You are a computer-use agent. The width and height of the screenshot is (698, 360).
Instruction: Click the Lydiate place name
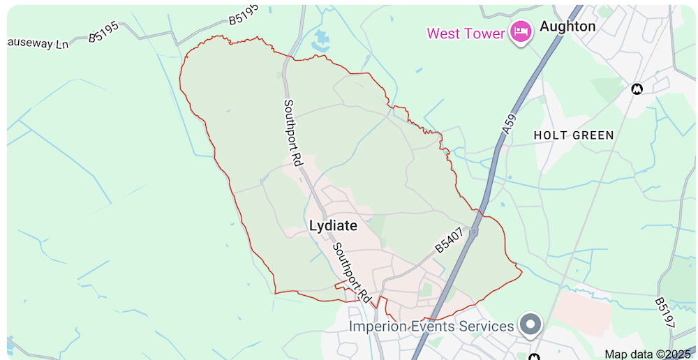click(x=333, y=226)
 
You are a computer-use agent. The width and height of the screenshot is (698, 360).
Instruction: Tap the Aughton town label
click(x=567, y=27)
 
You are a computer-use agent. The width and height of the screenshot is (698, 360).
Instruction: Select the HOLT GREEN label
click(x=573, y=135)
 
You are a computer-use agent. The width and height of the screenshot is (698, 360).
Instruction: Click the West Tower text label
click(x=465, y=33)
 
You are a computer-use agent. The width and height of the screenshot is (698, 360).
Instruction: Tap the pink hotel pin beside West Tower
click(x=520, y=31)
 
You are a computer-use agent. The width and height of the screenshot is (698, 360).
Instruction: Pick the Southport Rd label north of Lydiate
click(x=292, y=132)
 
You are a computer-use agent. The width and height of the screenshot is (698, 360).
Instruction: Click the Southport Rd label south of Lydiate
click(x=350, y=272)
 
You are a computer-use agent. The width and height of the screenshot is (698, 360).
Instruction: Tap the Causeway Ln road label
click(x=38, y=43)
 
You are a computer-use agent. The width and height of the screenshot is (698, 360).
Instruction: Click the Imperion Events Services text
click(x=431, y=327)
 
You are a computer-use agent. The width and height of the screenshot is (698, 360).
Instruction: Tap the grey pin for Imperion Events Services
click(x=532, y=324)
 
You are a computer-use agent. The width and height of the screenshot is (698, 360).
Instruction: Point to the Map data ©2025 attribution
click(x=647, y=354)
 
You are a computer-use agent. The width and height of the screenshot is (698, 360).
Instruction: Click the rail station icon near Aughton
click(x=636, y=89)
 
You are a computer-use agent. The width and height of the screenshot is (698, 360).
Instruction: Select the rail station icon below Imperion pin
click(x=535, y=357)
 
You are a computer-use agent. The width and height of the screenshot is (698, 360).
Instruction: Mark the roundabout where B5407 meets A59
click(x=475, y=232)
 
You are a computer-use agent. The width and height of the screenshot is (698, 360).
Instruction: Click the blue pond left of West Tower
click(x=322, y=38)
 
